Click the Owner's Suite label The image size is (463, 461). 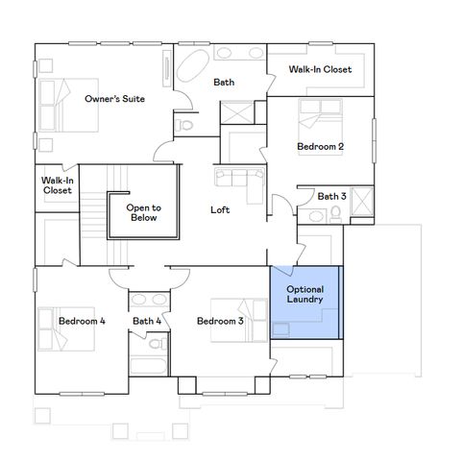[x=114, y=99]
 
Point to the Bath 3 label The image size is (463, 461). [x=331, y=196]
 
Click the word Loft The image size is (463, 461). [x=220, y=208]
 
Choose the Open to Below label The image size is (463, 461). [x=143, y=212]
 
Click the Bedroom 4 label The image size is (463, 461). [x=81, y=321]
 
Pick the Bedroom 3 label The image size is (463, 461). [x=220, y=321]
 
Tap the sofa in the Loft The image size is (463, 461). [x=234, y=180]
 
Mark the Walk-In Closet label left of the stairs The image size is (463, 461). [x=58, y=184]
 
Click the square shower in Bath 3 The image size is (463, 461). [x=363, y=204]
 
